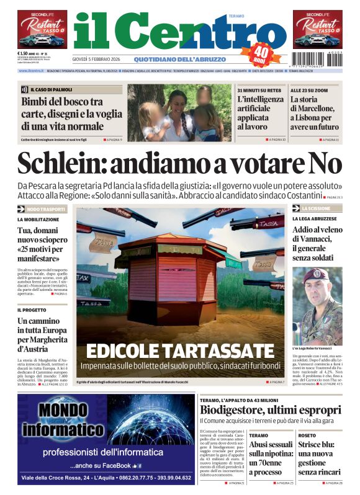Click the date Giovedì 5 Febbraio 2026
99,60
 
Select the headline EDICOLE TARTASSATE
179,350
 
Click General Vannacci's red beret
317,275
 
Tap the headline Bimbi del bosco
62,114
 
